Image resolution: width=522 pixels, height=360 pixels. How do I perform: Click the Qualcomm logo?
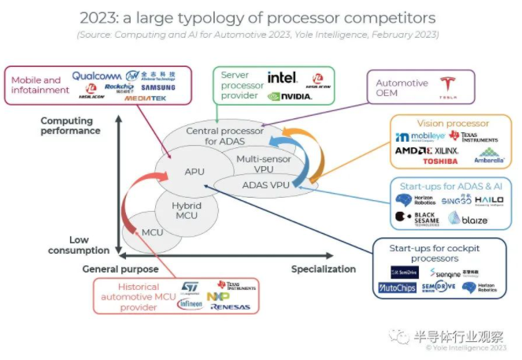click(x=97, y=76)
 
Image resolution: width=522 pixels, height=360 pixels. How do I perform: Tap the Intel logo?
click(x=282, y=77)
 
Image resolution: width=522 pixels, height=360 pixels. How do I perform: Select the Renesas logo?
click(x=230, y=306)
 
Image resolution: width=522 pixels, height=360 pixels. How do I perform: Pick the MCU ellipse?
click(x=153, y=232)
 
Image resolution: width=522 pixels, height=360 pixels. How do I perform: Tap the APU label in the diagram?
click(x=194, y=171)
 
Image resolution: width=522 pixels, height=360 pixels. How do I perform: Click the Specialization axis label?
click(x=324, y=269)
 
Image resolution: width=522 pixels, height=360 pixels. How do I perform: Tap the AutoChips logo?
click(x=398, y=288)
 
